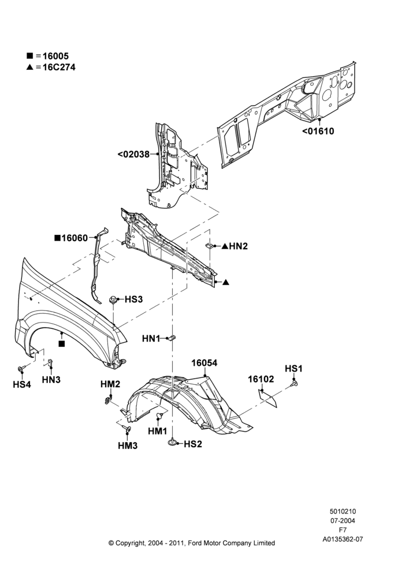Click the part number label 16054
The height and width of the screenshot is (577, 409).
(204, 363)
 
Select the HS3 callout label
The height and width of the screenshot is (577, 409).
(133, 299)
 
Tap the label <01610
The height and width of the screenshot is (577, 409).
(318, 131)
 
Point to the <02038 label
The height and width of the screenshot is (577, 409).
(134, 154)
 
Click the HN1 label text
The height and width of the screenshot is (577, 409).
(151, 339)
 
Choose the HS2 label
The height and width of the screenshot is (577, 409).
(193, 444)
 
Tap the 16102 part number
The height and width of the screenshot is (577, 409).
(261, 379)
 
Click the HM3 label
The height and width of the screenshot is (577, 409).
(128, 445)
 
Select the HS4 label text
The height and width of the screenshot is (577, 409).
(22, 384)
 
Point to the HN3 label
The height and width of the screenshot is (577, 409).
(51, 380)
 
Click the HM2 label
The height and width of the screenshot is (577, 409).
(110, 384)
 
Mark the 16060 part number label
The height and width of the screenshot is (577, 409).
(75, 238)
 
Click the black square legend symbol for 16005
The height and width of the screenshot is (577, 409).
(29, 56)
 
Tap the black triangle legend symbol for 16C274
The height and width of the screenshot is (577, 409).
(29, 67)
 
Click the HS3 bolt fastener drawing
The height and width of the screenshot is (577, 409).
(113, 300)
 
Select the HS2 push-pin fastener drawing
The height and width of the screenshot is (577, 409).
(173, 443)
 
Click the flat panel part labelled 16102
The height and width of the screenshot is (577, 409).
(268, 399)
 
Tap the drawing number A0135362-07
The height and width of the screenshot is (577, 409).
(343, 539)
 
